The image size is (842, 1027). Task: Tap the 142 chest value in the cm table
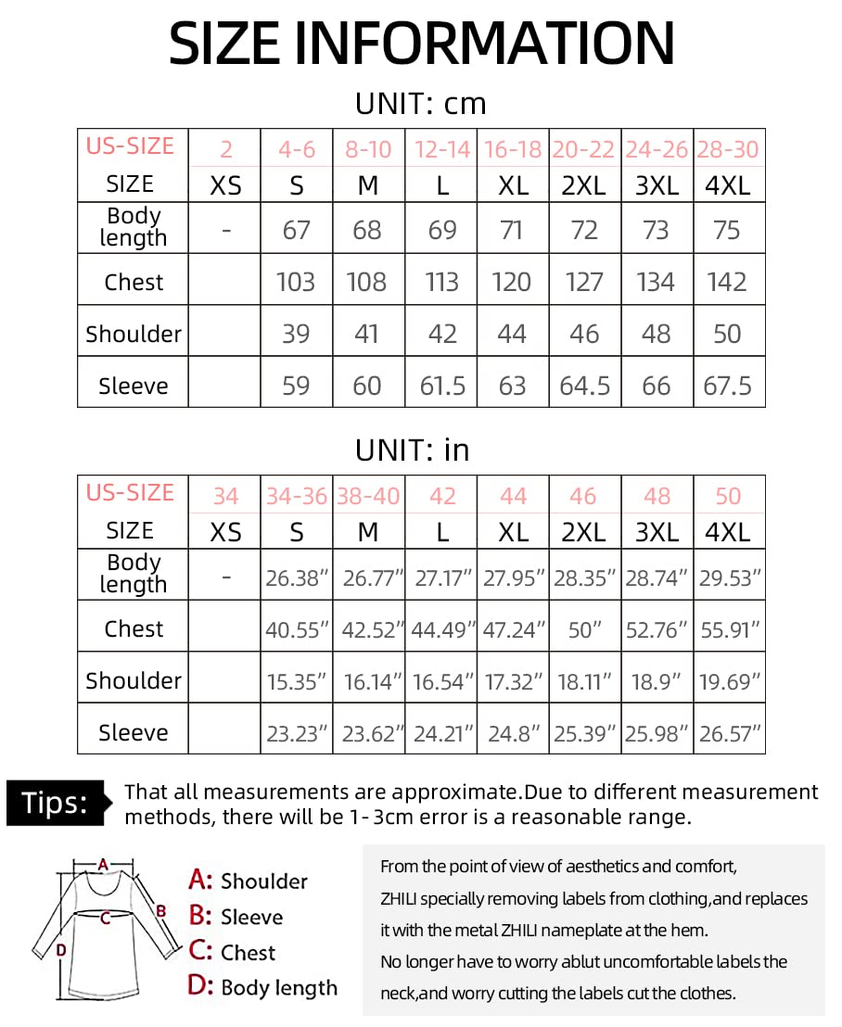(728, 281)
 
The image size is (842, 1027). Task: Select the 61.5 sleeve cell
(442, 385)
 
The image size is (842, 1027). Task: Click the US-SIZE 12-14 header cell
(442, 149)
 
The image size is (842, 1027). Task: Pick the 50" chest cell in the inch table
(584, 630)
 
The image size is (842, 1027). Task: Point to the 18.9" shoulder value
(656, 682)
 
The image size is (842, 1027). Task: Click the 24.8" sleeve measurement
(513, 734)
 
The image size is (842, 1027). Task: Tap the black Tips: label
(56, 803)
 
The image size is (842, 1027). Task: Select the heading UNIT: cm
(420, 103)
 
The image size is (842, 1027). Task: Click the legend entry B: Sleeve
(236, 917)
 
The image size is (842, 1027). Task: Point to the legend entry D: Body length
(262, 987)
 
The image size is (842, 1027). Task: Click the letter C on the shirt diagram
(105, 919)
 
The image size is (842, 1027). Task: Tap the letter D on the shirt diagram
(60, 949)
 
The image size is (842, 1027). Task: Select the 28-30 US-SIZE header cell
(728, 149)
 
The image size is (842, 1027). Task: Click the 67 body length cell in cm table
(296, 229)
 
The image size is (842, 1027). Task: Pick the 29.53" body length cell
(728, 578)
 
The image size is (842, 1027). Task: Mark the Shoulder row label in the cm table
(134, 334)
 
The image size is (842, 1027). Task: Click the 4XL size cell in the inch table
(728, 532)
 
